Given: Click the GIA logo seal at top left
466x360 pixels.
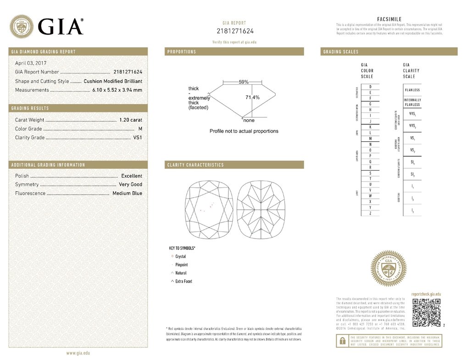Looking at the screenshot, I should click(x=22, y=26).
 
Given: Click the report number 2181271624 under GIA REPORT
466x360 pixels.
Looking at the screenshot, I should click(x=235, y=31).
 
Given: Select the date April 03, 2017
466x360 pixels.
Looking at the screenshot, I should click(x=31, y=63).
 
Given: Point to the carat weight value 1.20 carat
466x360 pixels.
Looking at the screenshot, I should click(x=130, y=120).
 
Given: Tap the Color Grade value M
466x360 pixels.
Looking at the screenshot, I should click(x=140, y=129).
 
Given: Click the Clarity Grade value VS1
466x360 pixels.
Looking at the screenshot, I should click(x=138, y=138).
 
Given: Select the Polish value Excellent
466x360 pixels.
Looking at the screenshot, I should click(x=132, y=176).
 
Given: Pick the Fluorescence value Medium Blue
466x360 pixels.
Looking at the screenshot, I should click(x=127, y=194).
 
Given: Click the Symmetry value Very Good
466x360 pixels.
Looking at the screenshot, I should click(x=130, y=185).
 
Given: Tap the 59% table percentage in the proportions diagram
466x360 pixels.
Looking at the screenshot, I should click(x=244, y=82).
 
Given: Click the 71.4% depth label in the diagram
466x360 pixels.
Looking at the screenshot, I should click(x=252, y=97).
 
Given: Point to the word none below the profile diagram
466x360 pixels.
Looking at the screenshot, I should click(x=249, y=120).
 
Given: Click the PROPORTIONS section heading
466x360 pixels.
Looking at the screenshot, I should click(x=182, y=52).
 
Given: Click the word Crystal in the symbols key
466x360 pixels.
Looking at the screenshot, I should click(x=181, y=256).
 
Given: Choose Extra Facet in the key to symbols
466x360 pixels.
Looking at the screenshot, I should click(x=184, y=281).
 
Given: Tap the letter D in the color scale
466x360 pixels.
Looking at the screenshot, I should click(x=370, y=87).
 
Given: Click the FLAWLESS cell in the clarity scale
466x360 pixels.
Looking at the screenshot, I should click(x=412, y=90).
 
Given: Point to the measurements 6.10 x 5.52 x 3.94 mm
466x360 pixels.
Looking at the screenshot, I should click(x=117, y=90).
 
